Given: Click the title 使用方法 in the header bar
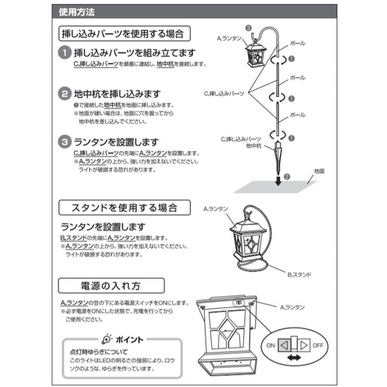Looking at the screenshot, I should tap(77, 12).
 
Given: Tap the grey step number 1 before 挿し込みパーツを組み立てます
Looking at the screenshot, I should tap(64, 53).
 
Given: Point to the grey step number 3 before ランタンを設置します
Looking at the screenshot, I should tap(64, 141).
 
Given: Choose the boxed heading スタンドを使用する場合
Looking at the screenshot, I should tap(124, 208).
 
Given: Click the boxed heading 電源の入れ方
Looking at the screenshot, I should tap(111, 286).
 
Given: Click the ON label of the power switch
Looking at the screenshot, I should tap(271, 345).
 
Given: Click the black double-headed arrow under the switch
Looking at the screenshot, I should tap(293, 358).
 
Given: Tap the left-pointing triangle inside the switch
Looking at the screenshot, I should tap(284, 345).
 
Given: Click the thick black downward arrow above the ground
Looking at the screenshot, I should tap(278, 179).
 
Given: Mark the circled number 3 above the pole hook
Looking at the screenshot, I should tap(248, 27).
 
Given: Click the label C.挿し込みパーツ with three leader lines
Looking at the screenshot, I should tap(224, 93).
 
